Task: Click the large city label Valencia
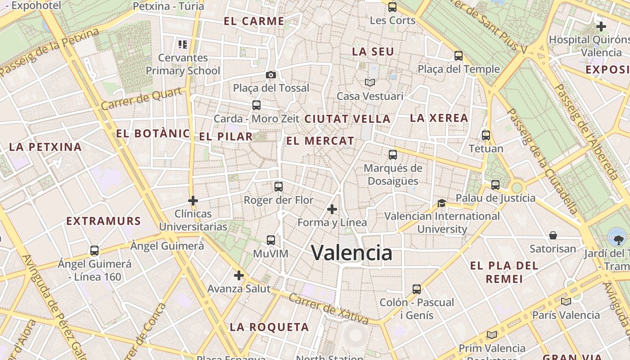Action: [x=351, y=253]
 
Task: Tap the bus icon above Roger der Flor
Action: [x=279, y=186]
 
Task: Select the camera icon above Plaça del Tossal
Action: [x=271, y=75]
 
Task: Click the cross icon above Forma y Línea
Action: [x=332, y=209]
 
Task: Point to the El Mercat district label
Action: [x=320, y=141]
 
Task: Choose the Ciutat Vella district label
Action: [x=347, y=119]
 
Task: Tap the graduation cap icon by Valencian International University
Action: [x=441, y=203]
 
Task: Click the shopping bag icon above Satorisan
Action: [x=553, y=235]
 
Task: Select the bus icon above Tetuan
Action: [x=486, y=135]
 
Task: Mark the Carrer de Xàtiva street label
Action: [x=328, y=309]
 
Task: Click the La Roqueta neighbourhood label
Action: [x=269, y=327]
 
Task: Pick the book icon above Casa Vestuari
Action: [x=370, y=83]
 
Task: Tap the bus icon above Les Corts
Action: [x=392, y=7]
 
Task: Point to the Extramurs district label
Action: [x=103, y=221]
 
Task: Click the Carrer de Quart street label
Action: [x=142, y=99]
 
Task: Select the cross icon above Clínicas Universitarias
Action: [x=193, y=200]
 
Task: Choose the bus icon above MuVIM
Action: [x=270, y=240]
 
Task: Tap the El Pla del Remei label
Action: [x=504, y=272]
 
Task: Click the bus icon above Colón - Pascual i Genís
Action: [x=417, y=289]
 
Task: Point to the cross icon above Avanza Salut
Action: [x=239, y=275]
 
